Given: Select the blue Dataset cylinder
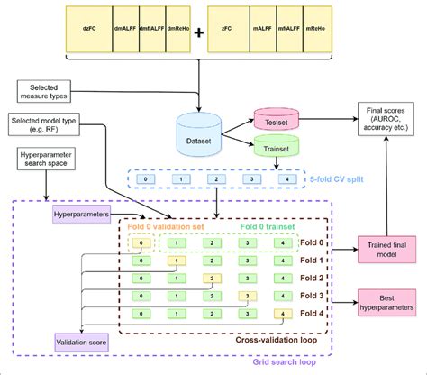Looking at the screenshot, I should tap(200, 133).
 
